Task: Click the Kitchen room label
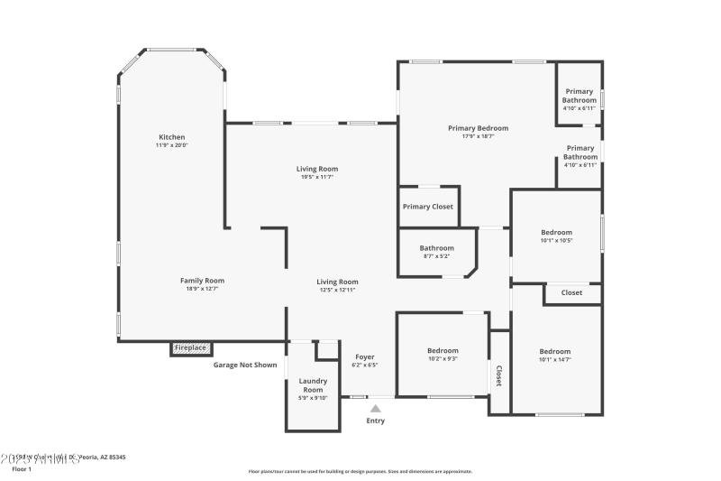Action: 171,137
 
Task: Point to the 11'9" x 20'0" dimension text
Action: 171,145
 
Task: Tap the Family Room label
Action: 202,281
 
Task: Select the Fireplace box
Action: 191,347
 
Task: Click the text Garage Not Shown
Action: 244,365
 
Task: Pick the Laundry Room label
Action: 313,385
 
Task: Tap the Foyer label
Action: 364,356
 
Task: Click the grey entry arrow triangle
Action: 375,409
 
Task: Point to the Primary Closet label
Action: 429,207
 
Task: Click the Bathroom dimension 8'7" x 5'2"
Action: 436,256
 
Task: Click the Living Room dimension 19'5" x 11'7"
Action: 317,177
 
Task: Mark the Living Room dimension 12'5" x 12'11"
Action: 337,290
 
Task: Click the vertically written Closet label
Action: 498,375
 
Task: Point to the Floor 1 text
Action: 21,469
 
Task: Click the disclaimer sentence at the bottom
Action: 360,471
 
